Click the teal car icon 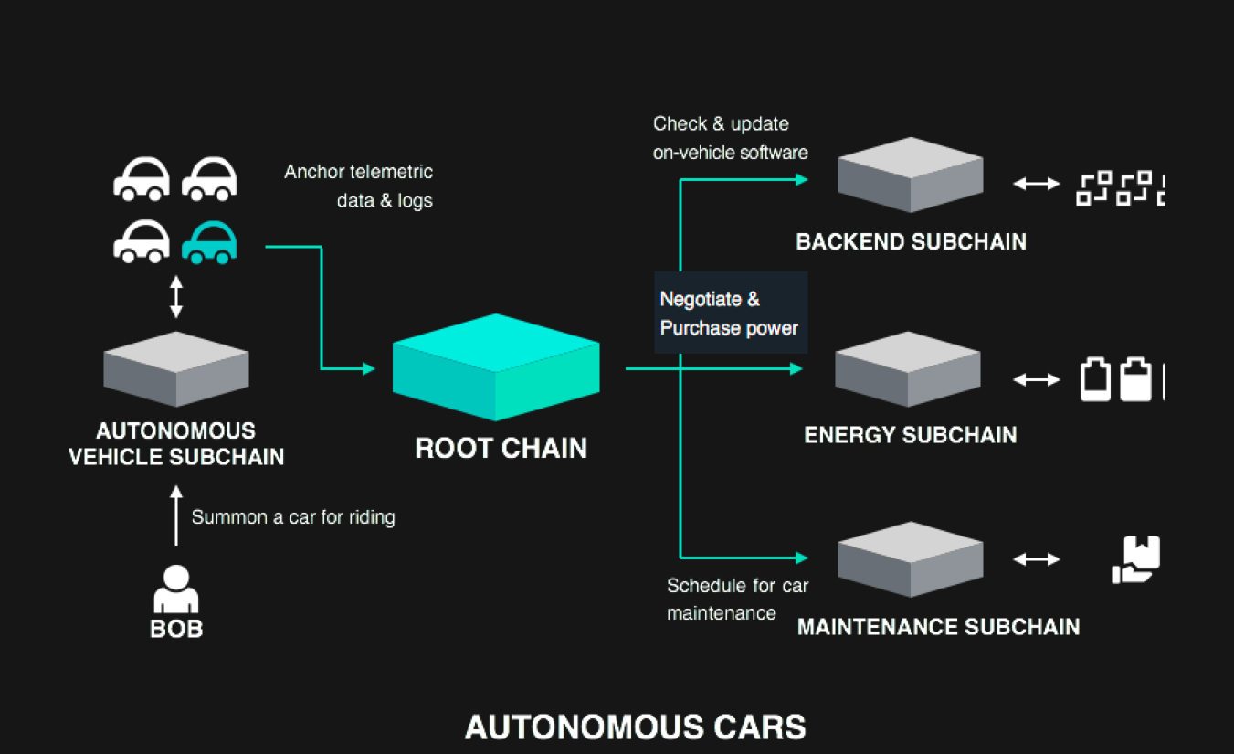pyautogui.click(x=209, y=242)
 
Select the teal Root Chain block pyautogui.click(x=496, y=366)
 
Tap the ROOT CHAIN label pyautogui.click(x=501, y=448)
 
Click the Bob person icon pyautogui.click(x=175, y=589)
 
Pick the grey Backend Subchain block pyautogui.click(x=910, y=175)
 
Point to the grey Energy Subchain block pyautogui.click(x=907, y=368)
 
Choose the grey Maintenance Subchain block pyautogui.click(x=910, y=558)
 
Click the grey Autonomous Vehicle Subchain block pyautogui.click(x=175, y=368)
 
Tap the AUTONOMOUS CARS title pyautogui.click(x=635, y=727)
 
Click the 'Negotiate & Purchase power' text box pyautogui.click(x=731, y=313)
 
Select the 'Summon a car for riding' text pyautogui.click(x=293, y=517)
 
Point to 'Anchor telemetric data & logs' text pyautogui.click(x=359, y=186)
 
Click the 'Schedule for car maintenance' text pyautogui.click(x=737, y=600)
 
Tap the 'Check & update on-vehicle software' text pyautogui.click(x=730, y=138)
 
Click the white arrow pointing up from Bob pyautogui.click(x=176, y=515)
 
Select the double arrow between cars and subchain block pyautogui.click(x=176, y=299)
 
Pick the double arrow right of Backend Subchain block pyautogui.click(x=1036, y=184)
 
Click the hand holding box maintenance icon pyautogui.click(x=1135, y=559)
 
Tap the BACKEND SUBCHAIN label pyautogui.click(x=911, y=242)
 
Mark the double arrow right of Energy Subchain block pyautogui.click(x=1036, y=378)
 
